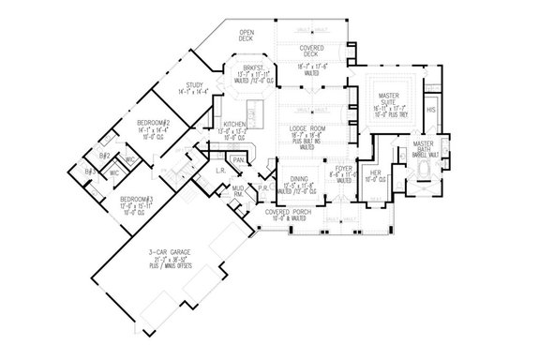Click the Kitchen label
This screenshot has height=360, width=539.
[234, 125]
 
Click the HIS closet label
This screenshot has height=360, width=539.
[431, 110]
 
